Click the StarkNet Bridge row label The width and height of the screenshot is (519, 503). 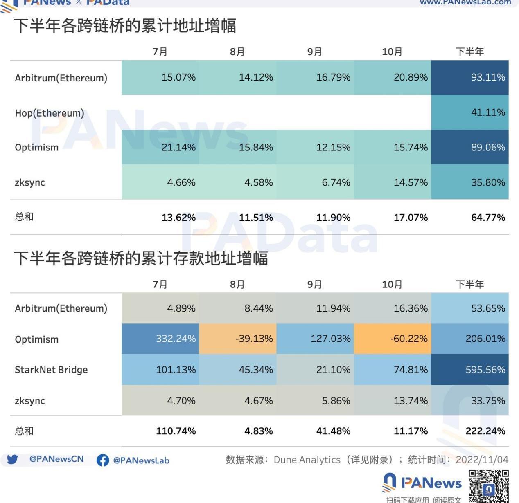point(51,370)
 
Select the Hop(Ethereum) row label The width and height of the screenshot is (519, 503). point(50,113)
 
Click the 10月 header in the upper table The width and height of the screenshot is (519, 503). point(392,52)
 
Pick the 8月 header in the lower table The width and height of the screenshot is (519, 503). point(237,285)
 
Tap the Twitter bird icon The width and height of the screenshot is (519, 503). point(12,459)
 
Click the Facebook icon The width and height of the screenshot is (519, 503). point(103,460)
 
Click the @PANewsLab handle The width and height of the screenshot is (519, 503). point(141,460)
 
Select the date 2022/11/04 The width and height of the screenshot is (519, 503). point(482,460)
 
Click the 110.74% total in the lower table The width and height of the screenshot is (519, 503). point(176,431)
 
